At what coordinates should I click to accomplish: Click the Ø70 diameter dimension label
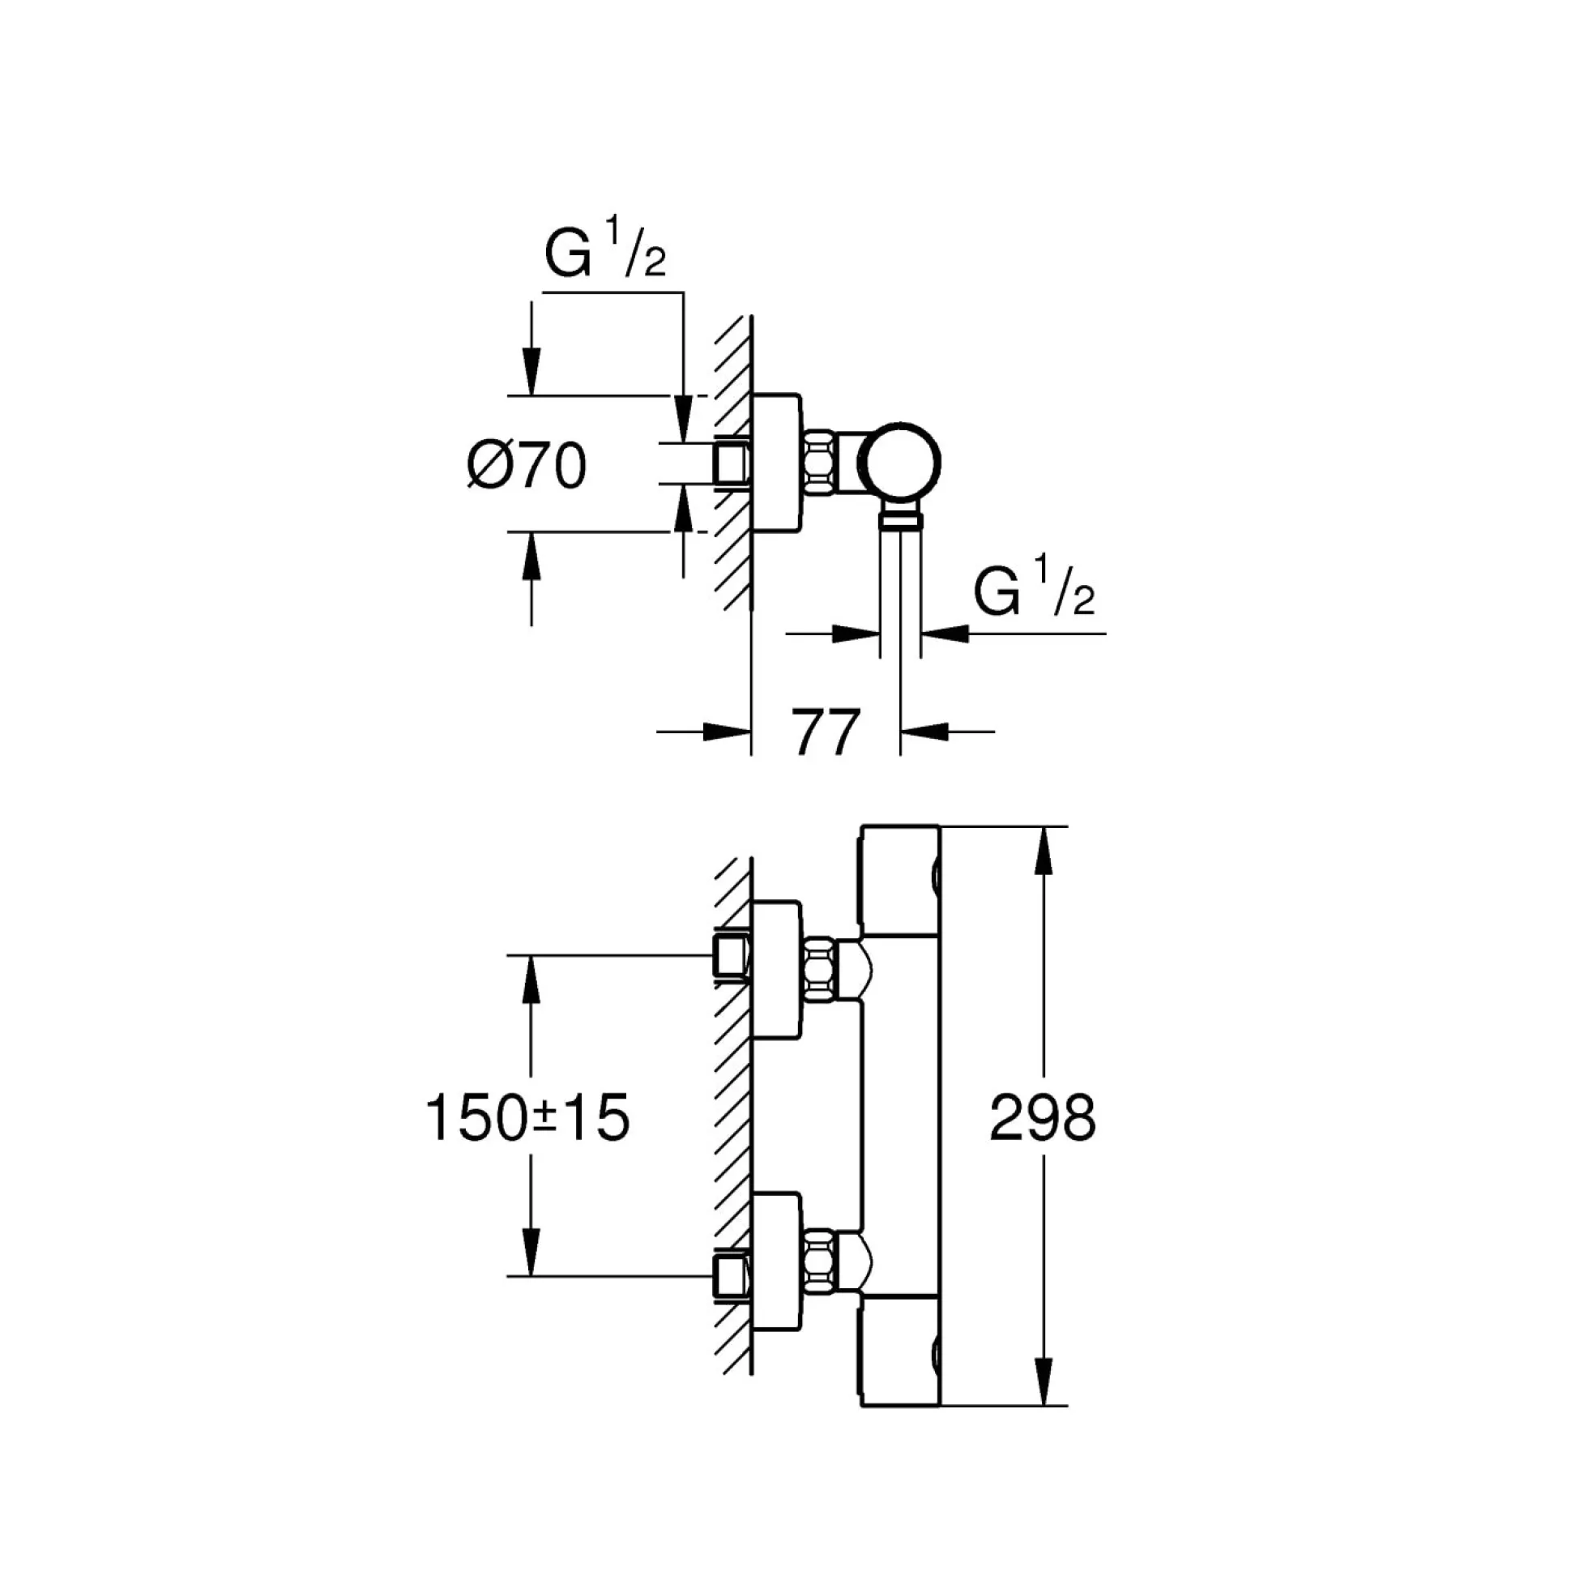(526, 466)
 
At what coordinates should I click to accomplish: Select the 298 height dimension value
(1042, 1118)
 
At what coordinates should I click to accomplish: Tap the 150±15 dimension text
(527, 1118)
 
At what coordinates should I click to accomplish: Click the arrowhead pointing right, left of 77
(728, 731)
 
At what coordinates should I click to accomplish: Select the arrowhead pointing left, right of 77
(924, 731)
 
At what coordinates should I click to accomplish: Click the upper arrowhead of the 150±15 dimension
(531, 979)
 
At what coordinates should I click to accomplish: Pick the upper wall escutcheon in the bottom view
(775, 970)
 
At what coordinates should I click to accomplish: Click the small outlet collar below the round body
(900, 519)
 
